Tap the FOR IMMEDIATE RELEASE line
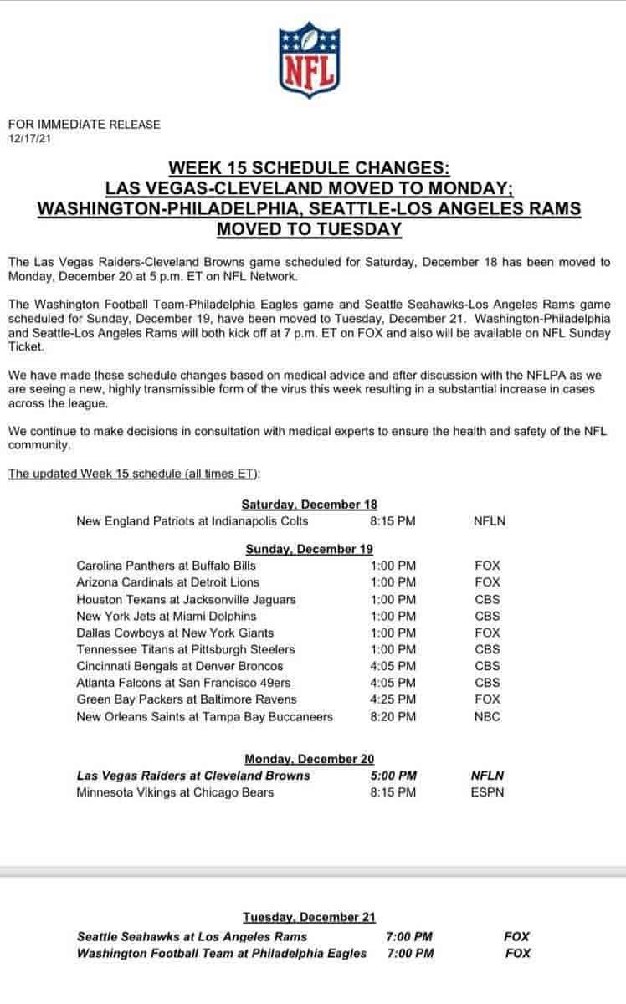click(84, 125)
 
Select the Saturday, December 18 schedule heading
click(309, 504)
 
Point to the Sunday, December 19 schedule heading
click(309, 548)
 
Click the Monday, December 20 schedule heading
click(309, 758)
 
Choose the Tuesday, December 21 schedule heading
click(309, 917)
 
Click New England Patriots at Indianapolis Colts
click(192, 520)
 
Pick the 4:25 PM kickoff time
click(393, 699)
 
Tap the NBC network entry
click(487, 716)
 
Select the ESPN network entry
click(488, 791)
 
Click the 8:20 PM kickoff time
click(393, 716)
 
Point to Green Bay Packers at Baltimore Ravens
click(186, 699)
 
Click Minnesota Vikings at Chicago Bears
click(175, 791)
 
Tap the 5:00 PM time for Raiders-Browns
click(393, 775)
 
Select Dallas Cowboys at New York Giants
click(174, 633)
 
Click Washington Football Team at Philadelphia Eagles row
click(221, 953)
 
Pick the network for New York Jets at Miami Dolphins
click(487, 616)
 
